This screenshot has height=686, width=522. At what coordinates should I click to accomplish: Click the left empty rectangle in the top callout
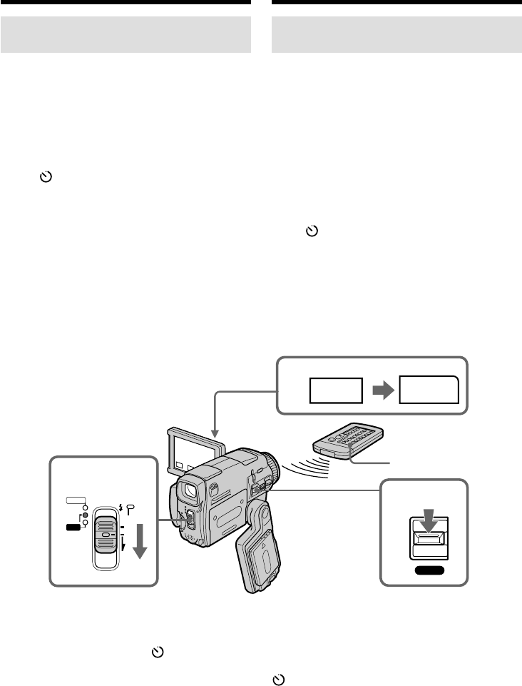[x=334, y=390]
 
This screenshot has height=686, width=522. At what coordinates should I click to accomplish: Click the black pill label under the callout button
[x=429, y=570]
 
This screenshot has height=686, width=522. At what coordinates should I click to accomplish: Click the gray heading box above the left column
[x=126, y=35]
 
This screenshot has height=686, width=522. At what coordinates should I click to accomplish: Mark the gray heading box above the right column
[x=397, y=35]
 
